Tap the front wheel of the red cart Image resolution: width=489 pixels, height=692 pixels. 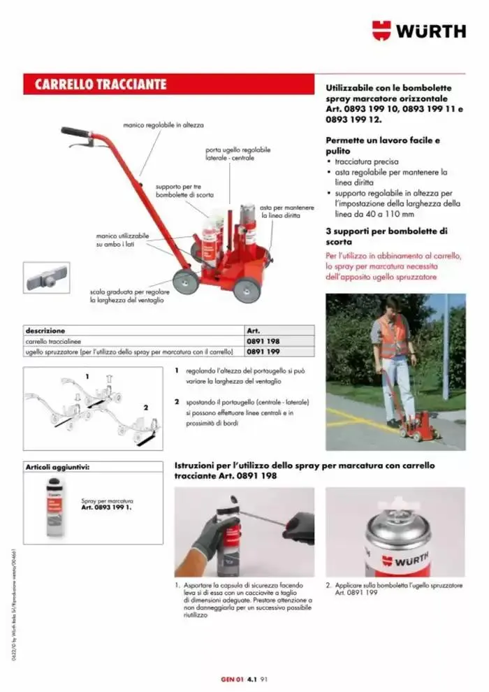point(247,289)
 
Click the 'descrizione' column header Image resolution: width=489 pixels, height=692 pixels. point(45,331)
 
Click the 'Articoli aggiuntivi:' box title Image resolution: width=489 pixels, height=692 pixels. point(57,466)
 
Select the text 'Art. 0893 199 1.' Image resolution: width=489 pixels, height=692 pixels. point(106,507)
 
